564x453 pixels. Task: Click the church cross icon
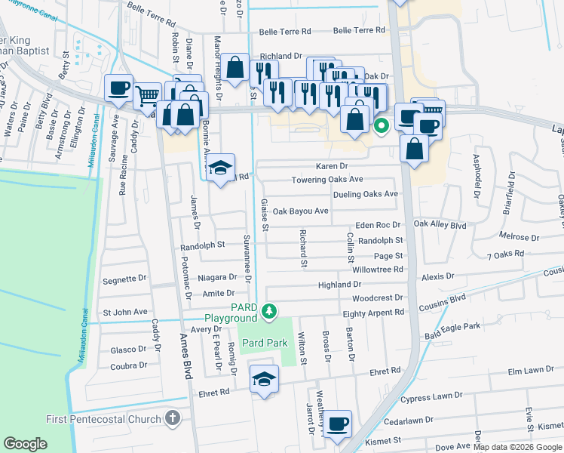[x=172, y=418]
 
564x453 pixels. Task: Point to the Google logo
[x=25, y=444]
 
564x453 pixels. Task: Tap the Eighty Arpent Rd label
[x=372, y=313]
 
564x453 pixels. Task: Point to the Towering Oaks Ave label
[x=327, y=180]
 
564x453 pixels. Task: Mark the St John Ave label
[x=125, y=311]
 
